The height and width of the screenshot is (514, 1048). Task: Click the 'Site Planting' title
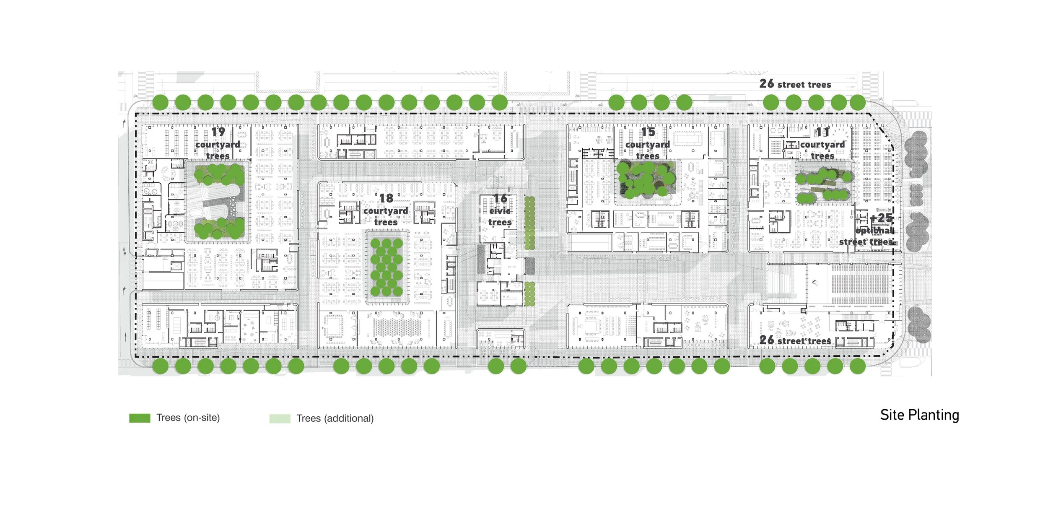click(919, 415)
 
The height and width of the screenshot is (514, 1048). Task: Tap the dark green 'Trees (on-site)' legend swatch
click(140, 418)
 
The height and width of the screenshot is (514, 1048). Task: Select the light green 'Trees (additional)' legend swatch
click(280, 418)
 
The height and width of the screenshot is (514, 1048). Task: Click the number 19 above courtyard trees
click(218, 132)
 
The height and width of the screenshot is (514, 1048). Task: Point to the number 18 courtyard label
click(386, 198)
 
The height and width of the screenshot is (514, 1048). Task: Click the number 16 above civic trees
click(500, 198)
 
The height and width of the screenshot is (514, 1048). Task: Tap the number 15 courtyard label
click(648, 132)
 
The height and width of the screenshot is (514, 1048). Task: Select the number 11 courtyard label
click(822, 132)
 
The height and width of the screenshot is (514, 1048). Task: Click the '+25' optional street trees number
click(882, 218)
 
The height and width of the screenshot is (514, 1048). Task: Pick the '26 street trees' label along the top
click(795, 84)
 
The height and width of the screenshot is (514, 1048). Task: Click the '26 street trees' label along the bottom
click(795, 340)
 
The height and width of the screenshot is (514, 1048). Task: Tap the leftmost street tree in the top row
click(160, 102)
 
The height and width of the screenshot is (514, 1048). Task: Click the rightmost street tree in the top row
click(858, 102)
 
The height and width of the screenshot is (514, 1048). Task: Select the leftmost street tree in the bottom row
click(160, 366)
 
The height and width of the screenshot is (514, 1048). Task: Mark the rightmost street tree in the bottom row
click(858, 366)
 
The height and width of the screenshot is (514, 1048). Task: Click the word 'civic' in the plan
click(500, 211)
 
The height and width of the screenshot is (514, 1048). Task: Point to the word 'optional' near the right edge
click(875, 231)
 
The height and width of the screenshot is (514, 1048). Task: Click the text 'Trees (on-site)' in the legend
click(188, 418)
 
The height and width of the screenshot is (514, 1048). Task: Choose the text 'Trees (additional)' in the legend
click(335, 418)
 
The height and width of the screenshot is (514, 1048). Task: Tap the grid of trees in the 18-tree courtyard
click(387, 267)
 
